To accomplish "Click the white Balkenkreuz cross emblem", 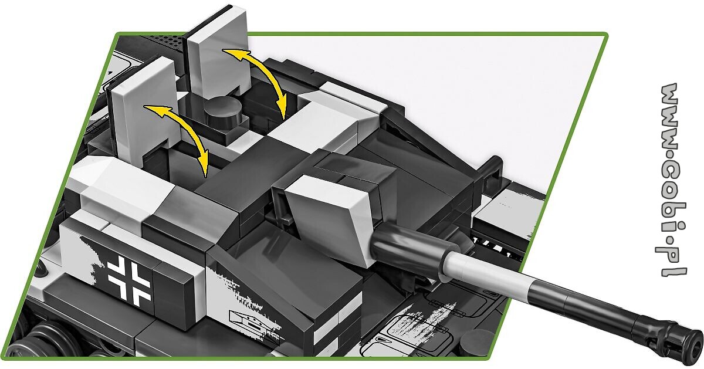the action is pos(129,280).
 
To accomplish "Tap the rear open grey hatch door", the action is pos(216,50).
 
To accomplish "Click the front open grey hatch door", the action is pos(142,107).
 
